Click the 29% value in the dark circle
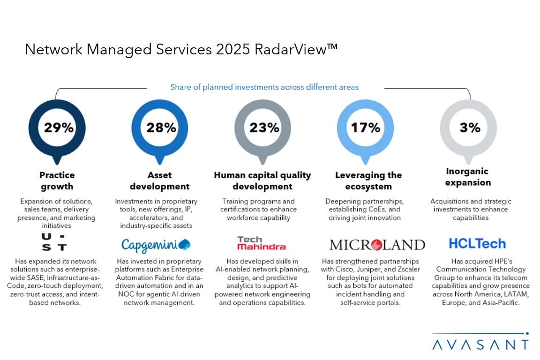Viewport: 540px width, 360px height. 58,127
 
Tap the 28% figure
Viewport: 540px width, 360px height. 161,127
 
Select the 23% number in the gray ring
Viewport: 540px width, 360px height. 263,127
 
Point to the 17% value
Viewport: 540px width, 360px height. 366,127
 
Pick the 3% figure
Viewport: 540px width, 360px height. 469,127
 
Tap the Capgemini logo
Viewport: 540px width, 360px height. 156,244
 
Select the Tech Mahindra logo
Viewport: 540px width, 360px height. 261,243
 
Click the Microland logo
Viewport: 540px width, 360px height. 377,245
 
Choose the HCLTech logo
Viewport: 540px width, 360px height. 477,243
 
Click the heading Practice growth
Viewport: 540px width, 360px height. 57,180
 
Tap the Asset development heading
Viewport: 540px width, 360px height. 159,180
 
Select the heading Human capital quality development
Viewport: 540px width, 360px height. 262,180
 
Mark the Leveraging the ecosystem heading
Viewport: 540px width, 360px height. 368,180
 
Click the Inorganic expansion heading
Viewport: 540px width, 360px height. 468,177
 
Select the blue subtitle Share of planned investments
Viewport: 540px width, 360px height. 264,87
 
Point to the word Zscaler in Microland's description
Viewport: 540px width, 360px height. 405,269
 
